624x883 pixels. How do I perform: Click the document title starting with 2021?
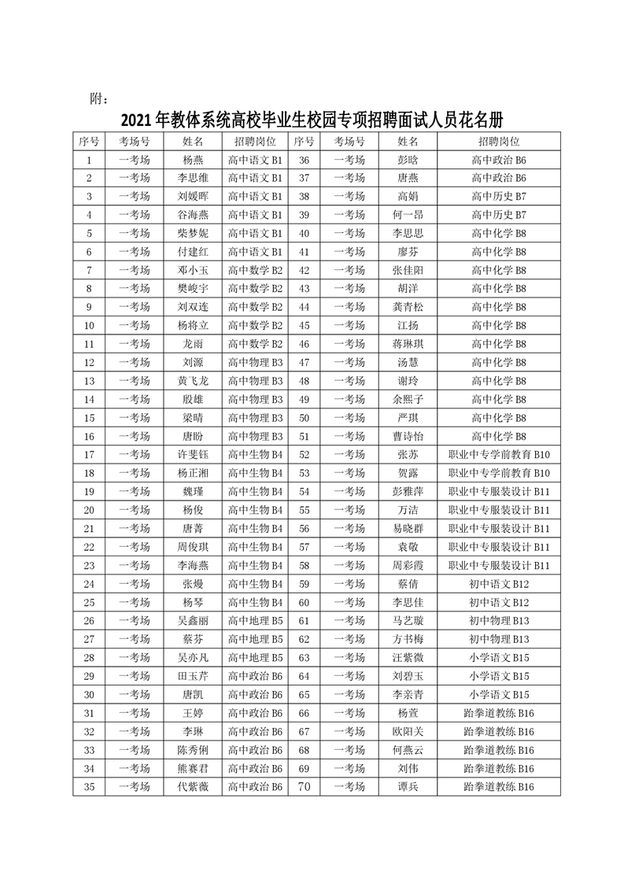point(312,120)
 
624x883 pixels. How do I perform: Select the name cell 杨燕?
point(193,159)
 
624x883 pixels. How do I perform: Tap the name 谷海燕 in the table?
point(193,214)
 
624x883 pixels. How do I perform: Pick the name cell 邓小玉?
point(193,269)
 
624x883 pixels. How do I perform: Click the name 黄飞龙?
point(193,381)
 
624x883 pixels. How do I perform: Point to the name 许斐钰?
point(193,454)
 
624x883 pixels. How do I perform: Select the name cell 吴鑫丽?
point(193,620)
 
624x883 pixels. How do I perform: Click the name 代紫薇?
point(193,785)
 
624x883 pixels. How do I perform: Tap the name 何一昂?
point(408,214)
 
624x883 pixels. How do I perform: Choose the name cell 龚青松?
point(408,307)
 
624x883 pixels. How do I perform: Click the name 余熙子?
point(408,399)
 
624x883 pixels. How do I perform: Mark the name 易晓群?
point(408,528)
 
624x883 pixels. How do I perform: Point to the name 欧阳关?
point(408,730)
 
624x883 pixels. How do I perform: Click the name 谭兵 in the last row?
point(408,785)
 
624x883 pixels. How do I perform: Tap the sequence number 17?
point(89,454)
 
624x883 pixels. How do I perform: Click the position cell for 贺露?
point(498,473)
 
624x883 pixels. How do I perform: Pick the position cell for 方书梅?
point(498,638)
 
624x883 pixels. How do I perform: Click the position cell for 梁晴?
point(254,417)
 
